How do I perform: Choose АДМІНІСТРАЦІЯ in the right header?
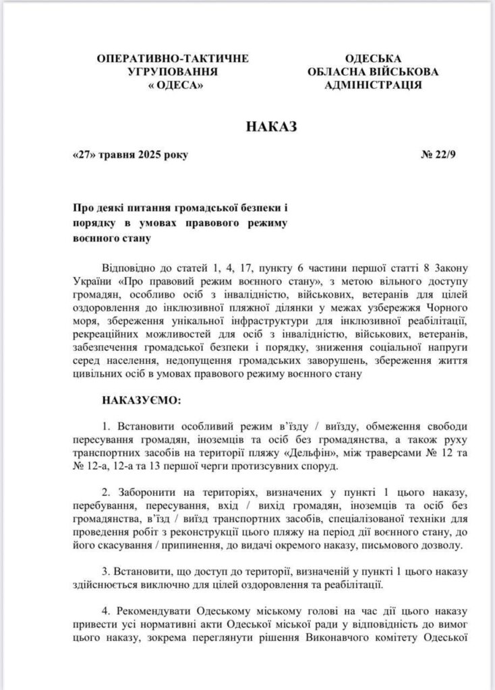pos(374,86)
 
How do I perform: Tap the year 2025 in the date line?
pos(150,155)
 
